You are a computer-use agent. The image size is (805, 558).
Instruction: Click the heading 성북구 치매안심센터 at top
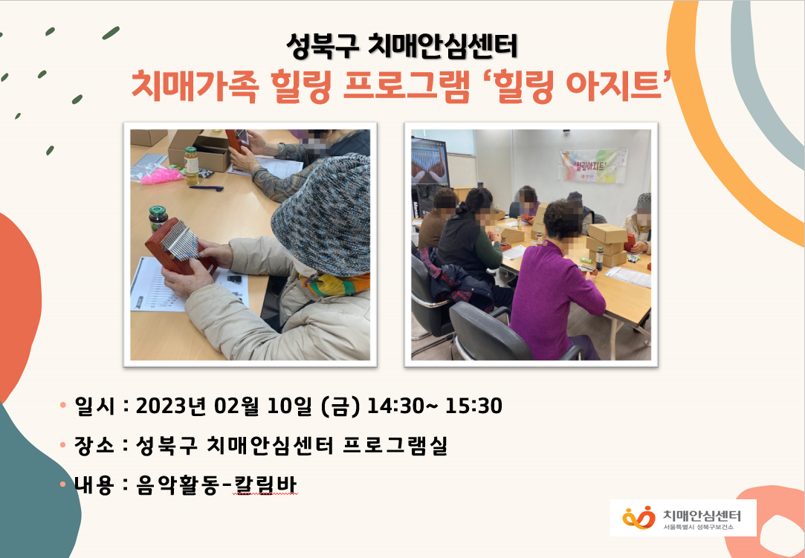pyautogui.click(x=401, y=46)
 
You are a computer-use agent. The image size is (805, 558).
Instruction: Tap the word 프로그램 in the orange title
pyautogui.click(x=406, y=85)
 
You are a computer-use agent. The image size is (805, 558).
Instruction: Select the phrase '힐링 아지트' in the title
pyautogui.click(x=578, y=85)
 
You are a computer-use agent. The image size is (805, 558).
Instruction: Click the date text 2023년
pyautogui.click(x=170, y=406)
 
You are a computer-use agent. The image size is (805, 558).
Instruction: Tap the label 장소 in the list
pyautogui.click(x=94, y=444)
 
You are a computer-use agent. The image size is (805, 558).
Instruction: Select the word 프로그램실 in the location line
pyautogui.click(x=395, y=444)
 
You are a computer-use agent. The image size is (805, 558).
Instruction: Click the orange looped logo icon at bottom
pyautogui.click(x=638, y=517)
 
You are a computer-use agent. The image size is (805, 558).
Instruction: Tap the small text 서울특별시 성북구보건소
pyautogui.click(x=698, y=528)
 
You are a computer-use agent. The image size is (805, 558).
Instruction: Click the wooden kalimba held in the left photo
pyautogui.click(x=179, y=246)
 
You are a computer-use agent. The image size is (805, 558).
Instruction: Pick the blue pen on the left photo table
pyautogui.click(x=207, y=189)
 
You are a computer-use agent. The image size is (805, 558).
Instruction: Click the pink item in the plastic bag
pyautogui.click(x=162, y=175)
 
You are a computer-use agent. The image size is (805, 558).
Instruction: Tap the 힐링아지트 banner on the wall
pyautogui.click(x=593, y=166)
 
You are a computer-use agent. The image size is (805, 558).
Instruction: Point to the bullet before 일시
pyautogui.click(x=63, y=406)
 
